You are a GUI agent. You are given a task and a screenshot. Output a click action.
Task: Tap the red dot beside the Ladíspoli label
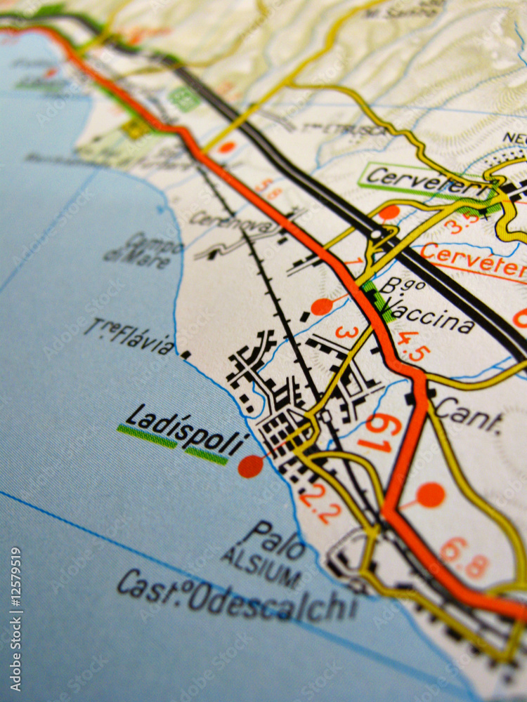[x=250, y=466]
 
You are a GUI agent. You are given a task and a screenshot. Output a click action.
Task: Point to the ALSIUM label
[x=262, y=566]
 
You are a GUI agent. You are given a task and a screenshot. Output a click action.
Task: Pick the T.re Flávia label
[x=129, y=336]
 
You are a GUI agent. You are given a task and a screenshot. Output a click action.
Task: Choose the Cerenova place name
[x=225, y=222]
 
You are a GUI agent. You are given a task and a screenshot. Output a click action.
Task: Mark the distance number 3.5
[x=461, y=223]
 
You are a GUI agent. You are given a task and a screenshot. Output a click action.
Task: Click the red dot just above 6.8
[x=430, y=495]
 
